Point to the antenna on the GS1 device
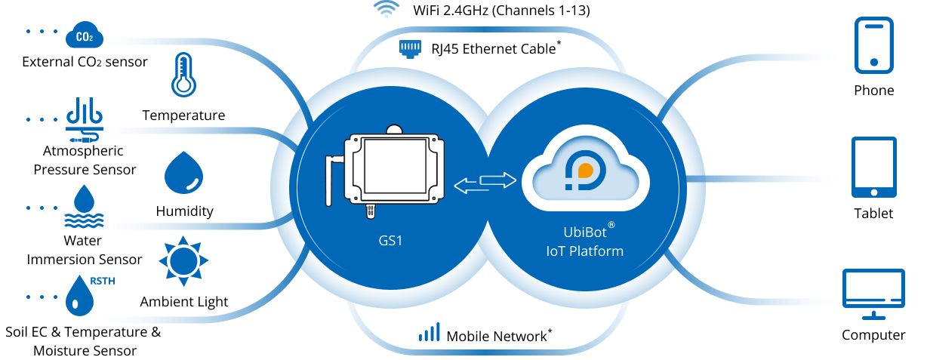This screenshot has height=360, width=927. (331, 179)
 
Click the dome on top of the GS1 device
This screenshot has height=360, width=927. (393, 129)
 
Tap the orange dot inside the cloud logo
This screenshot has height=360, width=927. (585, 171)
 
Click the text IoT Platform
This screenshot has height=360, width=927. (585, 251)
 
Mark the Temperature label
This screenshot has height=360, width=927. (183, 116)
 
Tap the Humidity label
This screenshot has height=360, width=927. (185, 212)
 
